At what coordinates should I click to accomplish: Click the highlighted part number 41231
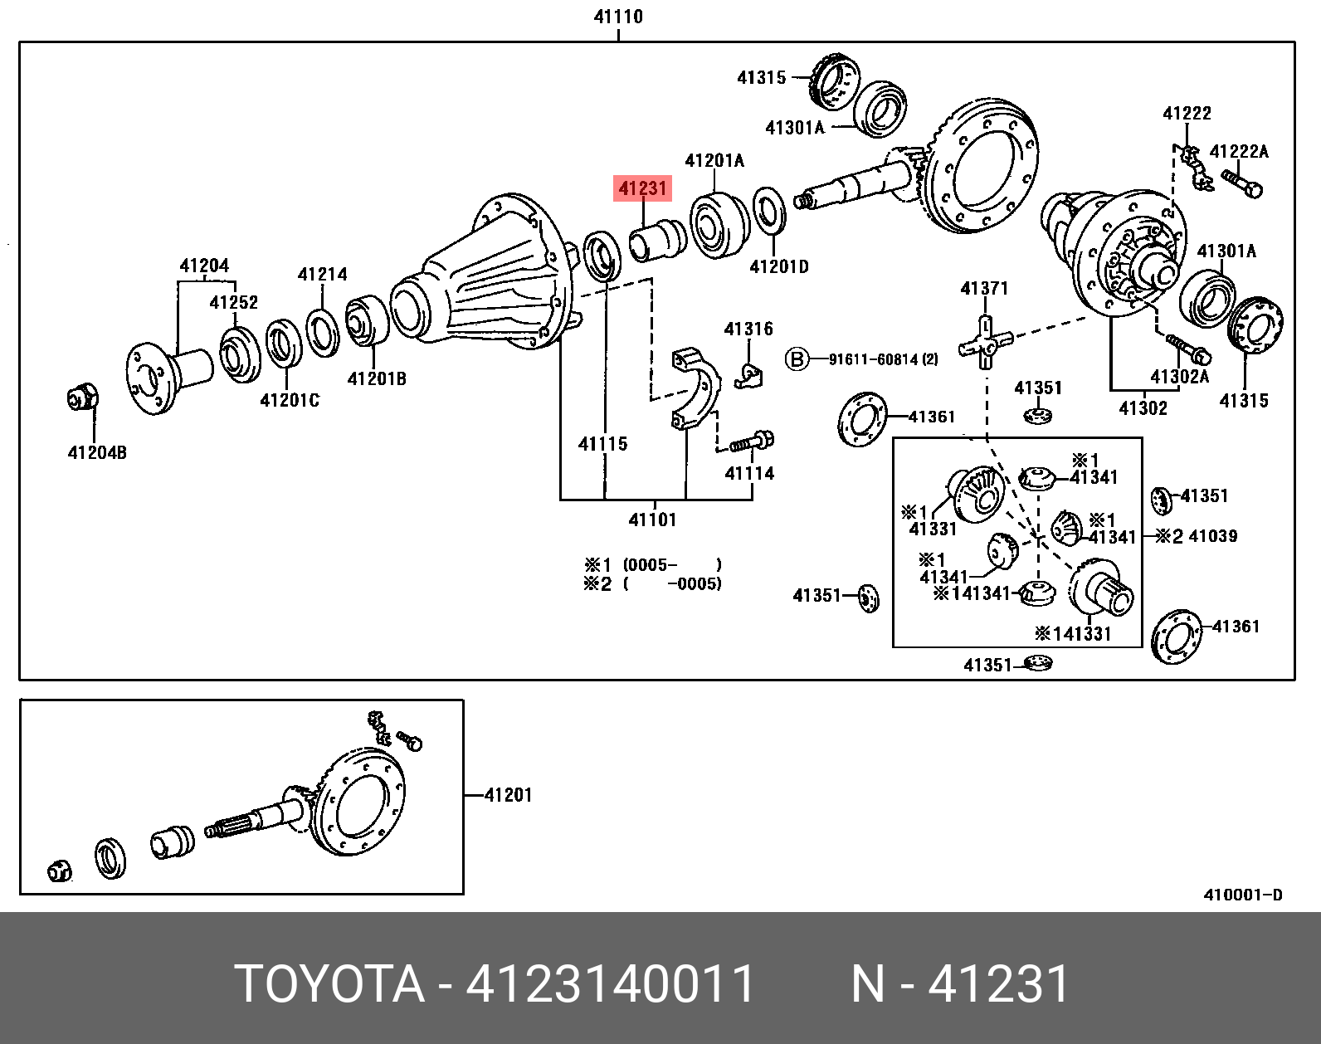pos(642,188)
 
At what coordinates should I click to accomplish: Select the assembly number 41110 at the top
pos(618,17)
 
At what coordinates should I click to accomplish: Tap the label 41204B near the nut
pos(97,452)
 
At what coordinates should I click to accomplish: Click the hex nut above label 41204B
pos(82,398)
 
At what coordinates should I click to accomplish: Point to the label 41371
pos(984,288)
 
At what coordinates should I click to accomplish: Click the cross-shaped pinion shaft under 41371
pos(985,342)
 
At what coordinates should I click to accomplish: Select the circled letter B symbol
pos(797,359)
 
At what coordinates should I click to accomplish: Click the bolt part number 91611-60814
pos(883,359)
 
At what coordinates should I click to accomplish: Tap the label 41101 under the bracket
pos(652,520)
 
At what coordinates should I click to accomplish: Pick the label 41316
pos(748,329)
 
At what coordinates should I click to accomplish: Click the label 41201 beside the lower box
pos(508,795)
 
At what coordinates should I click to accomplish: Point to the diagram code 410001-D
pos(1243,895)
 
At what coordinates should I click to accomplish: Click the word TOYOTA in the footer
pos(329,984)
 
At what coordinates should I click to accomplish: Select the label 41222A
pos(1239,151)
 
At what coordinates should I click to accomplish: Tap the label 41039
pos(1212,536)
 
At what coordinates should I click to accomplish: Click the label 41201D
pos(778,266)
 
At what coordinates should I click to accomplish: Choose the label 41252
pos(233,302)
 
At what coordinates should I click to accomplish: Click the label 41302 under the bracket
pos(1143,407)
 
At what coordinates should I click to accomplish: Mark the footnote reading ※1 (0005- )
pos(652,565)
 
